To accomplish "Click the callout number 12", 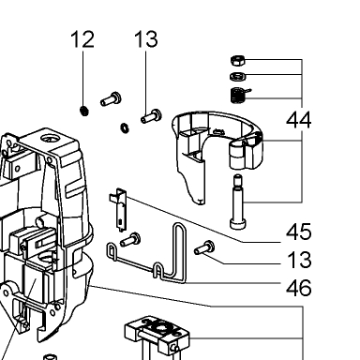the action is [82, 39].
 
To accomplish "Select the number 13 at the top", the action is [146, 39].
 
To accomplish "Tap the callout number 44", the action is [299, 120].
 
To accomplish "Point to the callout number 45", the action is [299, 232].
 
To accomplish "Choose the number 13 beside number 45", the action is [299, 260].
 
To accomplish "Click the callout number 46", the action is [299, 288].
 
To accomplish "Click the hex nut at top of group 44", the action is [238, 60].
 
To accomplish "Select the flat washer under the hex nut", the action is [238, 76].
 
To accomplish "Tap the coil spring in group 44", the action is [239, 95].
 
